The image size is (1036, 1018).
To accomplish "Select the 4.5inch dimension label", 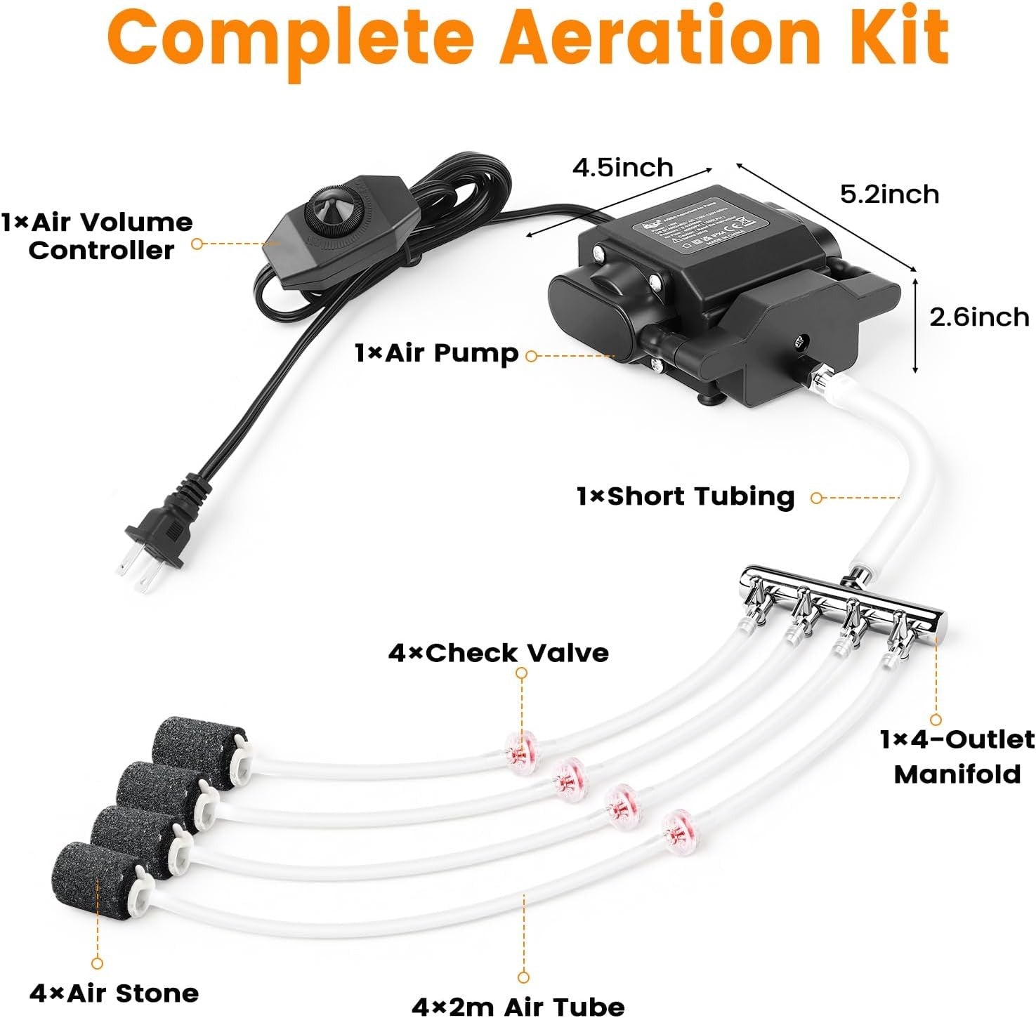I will (622, 168).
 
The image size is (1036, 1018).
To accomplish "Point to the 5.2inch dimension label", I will (889, 194).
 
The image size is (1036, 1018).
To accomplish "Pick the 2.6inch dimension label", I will (979, 317).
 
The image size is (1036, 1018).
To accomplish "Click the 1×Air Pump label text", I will (436, 353).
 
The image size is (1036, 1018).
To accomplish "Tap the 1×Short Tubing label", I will (686, 496).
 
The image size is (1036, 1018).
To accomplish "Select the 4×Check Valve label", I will (498, 653).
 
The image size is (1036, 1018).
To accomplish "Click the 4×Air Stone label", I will (114, 993).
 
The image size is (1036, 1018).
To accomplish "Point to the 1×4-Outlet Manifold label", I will (957, 757).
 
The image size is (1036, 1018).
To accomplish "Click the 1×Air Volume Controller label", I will (98, 237).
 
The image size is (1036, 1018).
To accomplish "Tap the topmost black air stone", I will (197, 751).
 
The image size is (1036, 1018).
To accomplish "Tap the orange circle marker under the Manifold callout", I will (936, 720).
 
